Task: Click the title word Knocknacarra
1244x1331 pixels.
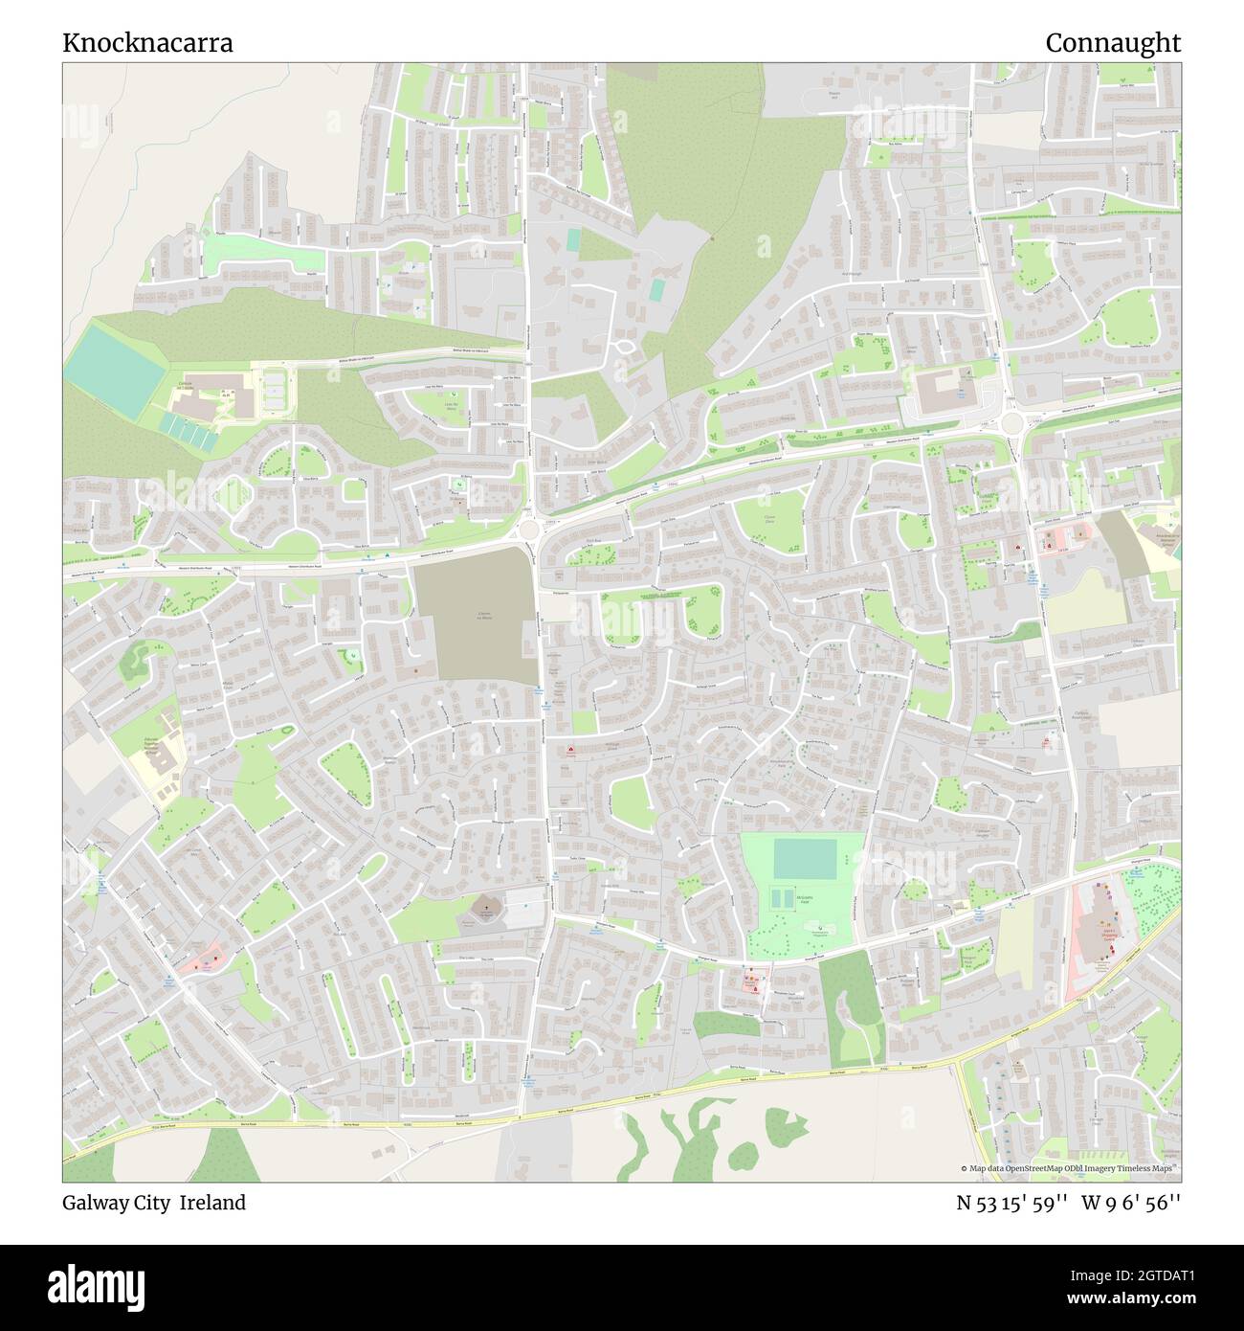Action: (147, 43)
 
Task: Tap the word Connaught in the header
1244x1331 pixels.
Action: (1112, 43)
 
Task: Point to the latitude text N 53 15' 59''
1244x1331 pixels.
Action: (1012, 1203)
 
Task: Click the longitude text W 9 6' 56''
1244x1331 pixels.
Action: (1131, 1203)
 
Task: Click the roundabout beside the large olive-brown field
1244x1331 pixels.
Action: (528, 529)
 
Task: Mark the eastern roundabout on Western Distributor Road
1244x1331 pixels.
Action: (1011, 421)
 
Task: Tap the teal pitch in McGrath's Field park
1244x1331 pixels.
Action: (804, 858)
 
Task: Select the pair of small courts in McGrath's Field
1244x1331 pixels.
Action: (782, 898)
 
